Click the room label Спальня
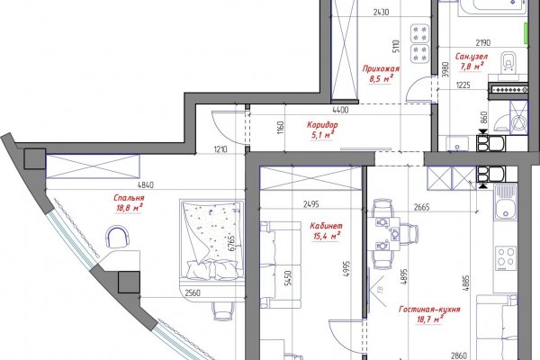coord(129,198)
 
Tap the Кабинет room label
coord(326,226)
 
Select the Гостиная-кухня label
coord(429,310)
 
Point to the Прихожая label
coord(381,68)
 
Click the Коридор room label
coord(322,125)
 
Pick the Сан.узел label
coord(472,56)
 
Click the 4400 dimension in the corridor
coord(340,110)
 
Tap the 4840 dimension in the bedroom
coord(146,185)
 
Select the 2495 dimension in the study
coord(311,204)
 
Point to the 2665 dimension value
coord(421,207)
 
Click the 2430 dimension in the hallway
coord(381,13)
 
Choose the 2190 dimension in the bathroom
coord(483,43)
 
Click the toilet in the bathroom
coord(508,62)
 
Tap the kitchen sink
coord(506,202)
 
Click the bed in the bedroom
coord(211,240)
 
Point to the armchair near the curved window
coord(117,237)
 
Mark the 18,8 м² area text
coord(130,208)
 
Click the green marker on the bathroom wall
coord(526,34)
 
